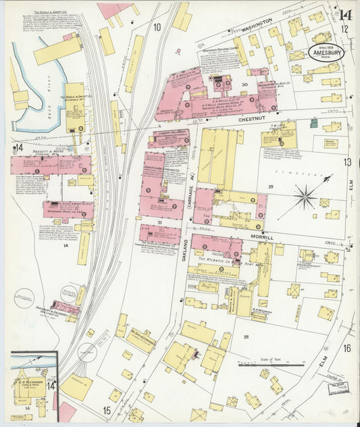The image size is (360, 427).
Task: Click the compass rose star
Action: [305, 197]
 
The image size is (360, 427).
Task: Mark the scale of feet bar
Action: [271, 365]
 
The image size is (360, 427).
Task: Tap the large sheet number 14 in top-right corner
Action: [346, 14]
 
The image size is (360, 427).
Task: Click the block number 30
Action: [245, 84]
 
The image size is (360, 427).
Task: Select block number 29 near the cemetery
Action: [270, 186]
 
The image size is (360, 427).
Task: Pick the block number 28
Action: [246, 336]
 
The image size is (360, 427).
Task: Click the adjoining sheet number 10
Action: [157, 27]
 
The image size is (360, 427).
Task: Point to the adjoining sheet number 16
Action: [346, 349]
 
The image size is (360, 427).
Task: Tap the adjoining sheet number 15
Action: [106, 409]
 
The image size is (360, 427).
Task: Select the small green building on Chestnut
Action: [313, 123]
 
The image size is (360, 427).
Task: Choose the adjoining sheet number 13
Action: [346, 161]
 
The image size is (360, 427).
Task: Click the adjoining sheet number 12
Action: [345, 29]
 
